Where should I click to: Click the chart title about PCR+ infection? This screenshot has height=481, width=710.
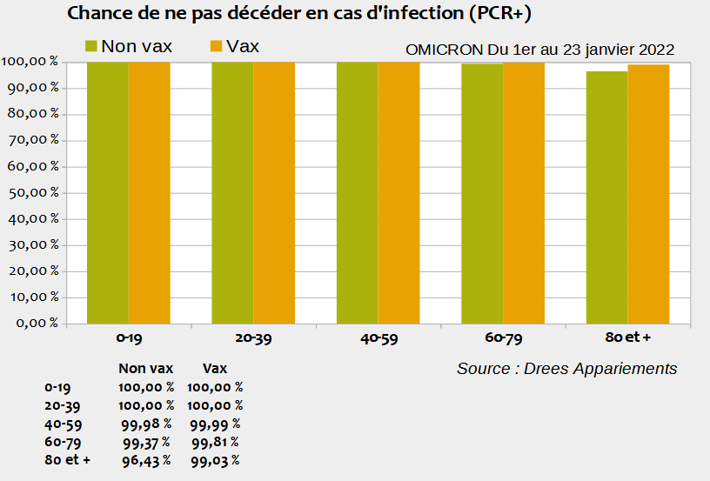pyautogui.click(x=298, y=14)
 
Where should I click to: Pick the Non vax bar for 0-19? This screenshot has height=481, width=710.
pyautogui.click(x=107, y=191)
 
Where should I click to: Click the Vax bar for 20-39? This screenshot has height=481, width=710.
pyautogui.click(x=274, y=191)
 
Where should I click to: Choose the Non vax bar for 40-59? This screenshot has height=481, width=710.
pyautogui.click(x=357, y=191)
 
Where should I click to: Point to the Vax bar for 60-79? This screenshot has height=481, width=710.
pyautogui.click(x=524, y=191)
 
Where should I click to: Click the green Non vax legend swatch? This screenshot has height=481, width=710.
pyautogui.click(x=90, y=47)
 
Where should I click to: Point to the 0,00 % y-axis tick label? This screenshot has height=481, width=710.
pyautogui.click(x=34, y=323)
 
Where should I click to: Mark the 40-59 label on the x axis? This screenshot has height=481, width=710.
pyautogui.click(x=378, y=338)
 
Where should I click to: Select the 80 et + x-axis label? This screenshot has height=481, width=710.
pyautogui.click(x=627, y=338)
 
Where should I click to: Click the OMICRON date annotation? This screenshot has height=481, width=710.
pyautogui.click(x=539, y=50)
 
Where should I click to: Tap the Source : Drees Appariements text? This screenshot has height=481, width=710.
pyautogui.click(x=566, y=369)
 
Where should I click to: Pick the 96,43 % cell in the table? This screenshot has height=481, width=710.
pyautogui.click(x=146, y=460)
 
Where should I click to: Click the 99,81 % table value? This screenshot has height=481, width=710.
pyautogui.click(x=214, y=442)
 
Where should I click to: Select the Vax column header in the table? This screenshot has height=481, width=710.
pyautogui.click(x=214, y=369)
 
